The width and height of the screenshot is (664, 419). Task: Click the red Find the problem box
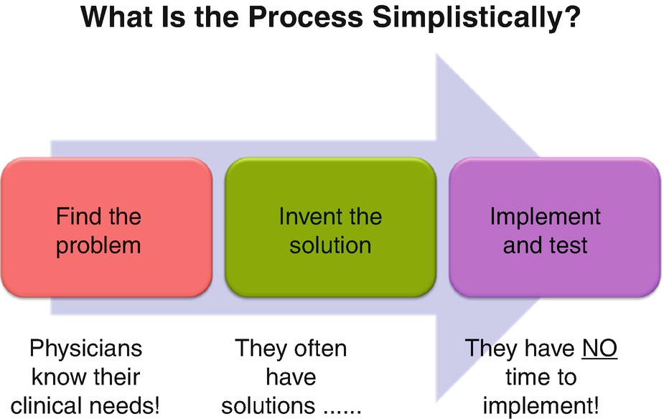[106, 228]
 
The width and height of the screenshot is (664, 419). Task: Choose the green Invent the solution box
[330, 228]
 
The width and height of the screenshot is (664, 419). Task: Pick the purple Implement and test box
[554, 228]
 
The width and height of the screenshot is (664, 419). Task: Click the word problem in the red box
[98, 245]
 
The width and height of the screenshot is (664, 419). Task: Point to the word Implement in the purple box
[546, 216]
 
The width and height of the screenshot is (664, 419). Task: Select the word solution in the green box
[330, 245]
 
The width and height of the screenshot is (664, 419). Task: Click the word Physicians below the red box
[85, 349]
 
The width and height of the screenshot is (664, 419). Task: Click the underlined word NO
[599, 349]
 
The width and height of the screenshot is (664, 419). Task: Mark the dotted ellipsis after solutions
[341, 407]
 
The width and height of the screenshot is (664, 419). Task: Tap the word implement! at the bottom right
[541, 405]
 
